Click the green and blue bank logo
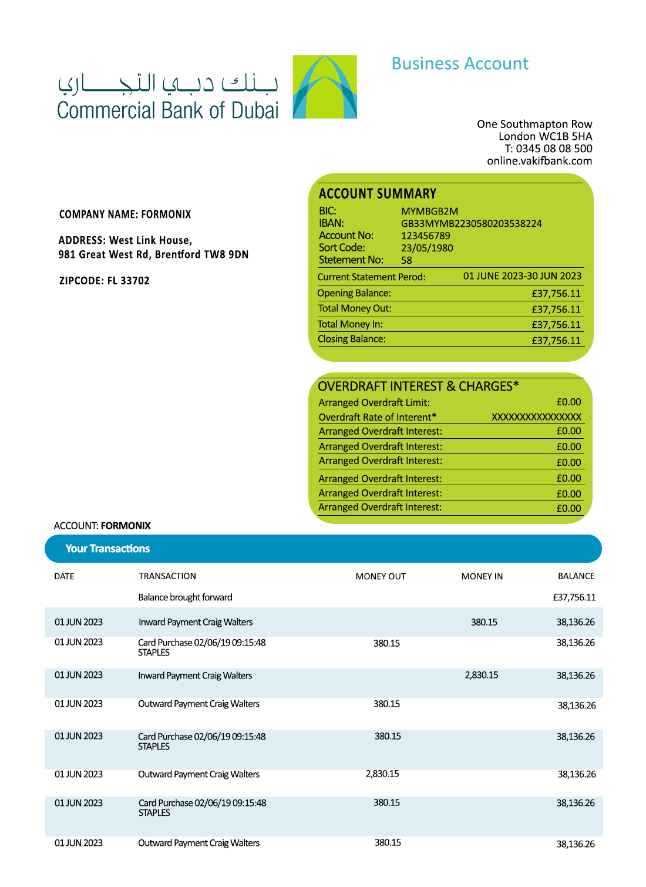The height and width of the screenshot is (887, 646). click(325, 87)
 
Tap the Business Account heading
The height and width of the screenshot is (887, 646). click(460, 63)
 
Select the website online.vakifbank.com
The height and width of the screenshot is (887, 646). click(539, 161)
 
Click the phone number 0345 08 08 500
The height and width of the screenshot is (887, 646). click(554, 149)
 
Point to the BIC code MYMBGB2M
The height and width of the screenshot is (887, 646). click(429, 211)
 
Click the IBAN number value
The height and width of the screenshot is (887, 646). click(471, 224)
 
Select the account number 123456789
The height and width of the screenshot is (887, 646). click(426, 236)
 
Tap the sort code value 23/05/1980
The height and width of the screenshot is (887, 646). click(427, 248)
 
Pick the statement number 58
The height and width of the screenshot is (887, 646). click(406, 260)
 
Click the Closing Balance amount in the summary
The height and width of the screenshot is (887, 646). click(556, 340)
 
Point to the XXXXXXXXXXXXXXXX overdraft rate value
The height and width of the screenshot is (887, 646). click(536, 417)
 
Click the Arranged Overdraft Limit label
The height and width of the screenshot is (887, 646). click(374, 403)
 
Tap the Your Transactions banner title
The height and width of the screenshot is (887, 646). click(107, 549)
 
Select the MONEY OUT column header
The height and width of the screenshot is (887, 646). click(381, 576)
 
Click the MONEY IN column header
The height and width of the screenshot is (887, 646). click(482, 576)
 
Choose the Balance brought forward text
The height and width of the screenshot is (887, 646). click(185, 597)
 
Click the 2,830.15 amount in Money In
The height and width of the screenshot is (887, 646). click(482, 676)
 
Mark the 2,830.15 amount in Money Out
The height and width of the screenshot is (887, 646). click(382, 774)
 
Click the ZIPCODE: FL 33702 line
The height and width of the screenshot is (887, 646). click(105, 281)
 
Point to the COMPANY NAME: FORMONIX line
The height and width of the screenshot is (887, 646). click(125, 214)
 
